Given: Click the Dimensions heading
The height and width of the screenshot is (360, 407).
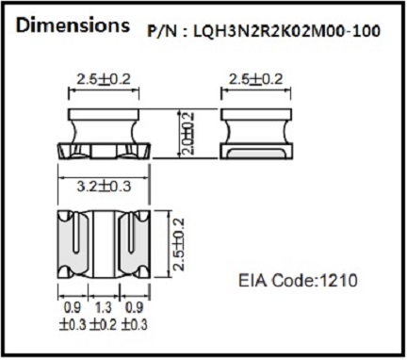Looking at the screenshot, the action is [x=73, y=25].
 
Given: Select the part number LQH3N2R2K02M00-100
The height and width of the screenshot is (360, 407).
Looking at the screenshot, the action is [x=287, y=31].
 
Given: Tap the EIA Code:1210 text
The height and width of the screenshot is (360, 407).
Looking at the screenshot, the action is [x=298, y=280].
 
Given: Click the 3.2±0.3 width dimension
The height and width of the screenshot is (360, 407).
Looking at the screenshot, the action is [x=104, y=187].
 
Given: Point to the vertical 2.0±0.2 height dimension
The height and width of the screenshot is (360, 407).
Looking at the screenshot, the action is [x=187, y=133].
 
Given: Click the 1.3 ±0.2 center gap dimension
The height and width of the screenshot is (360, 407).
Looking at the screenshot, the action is [x=104, y=316].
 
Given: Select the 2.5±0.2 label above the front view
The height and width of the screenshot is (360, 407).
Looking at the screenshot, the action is [x=104, y=79].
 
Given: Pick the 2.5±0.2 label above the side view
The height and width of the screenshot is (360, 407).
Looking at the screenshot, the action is [x=256, y=79].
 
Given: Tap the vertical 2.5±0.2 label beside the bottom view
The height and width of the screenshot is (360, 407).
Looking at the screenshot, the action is [x=179, y=244].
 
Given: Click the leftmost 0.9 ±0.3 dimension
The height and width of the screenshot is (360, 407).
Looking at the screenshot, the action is [x=73, y=316].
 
